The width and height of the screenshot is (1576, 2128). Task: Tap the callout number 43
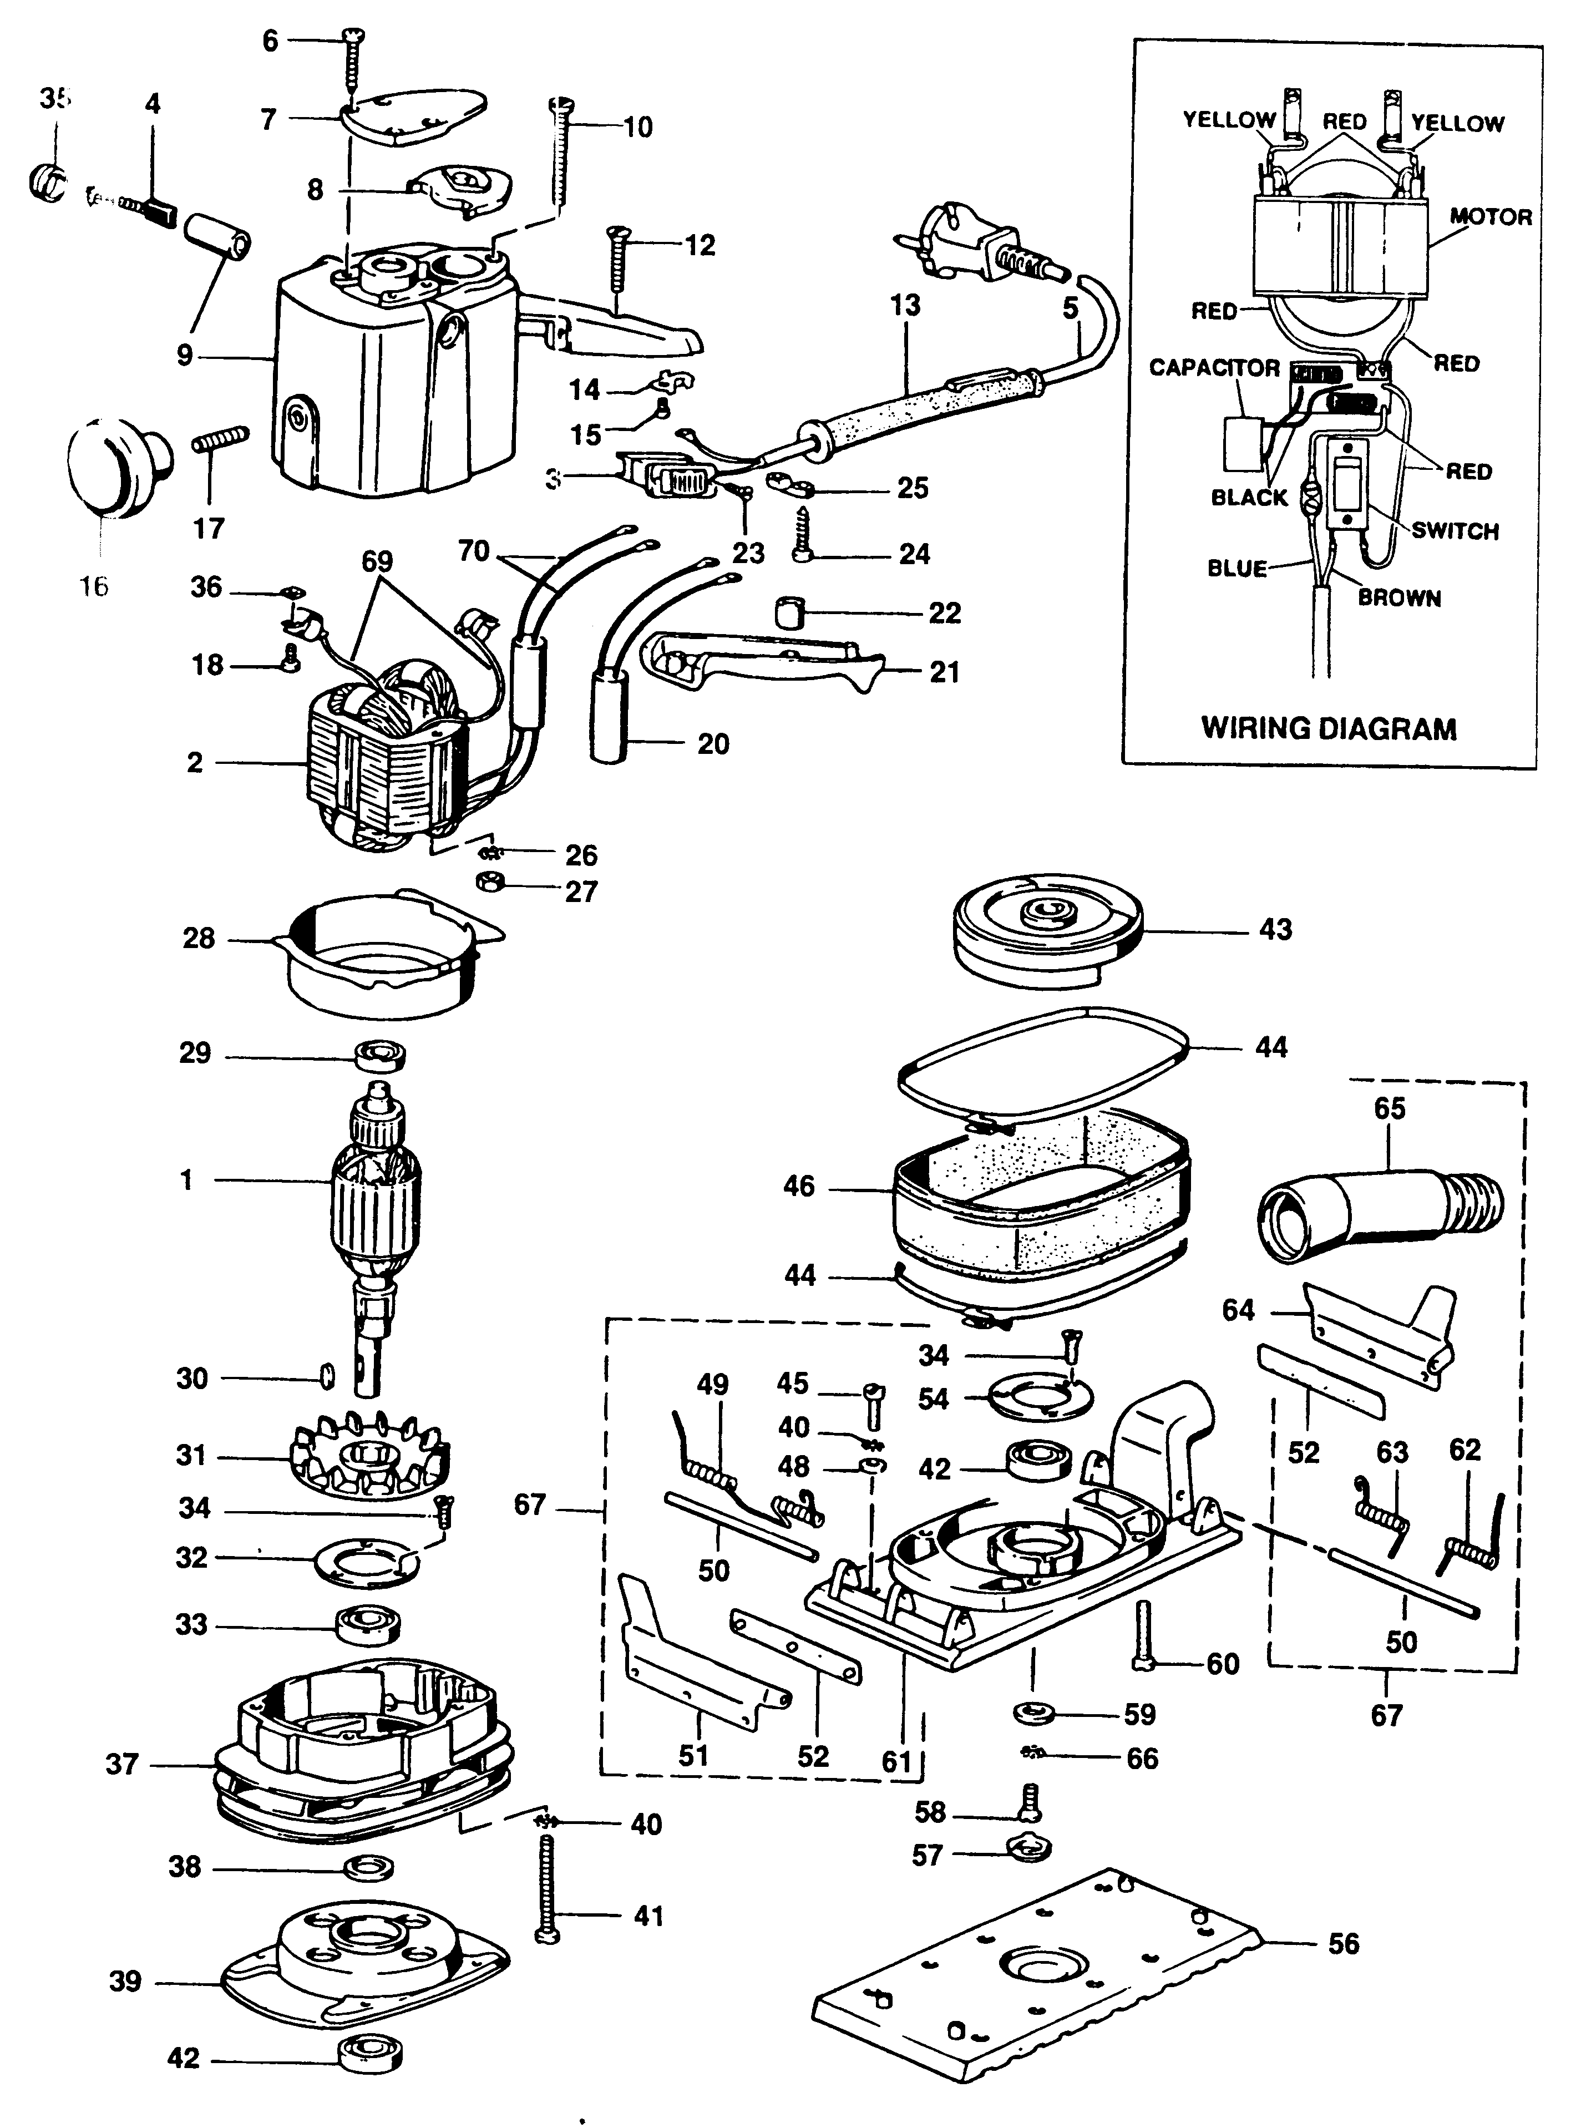point(1275,929)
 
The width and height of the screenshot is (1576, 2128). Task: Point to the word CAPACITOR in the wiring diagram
point(1214,368)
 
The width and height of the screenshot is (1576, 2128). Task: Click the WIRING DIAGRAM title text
point(1328,729)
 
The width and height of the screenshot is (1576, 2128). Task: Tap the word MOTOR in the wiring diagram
point(1490,216)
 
